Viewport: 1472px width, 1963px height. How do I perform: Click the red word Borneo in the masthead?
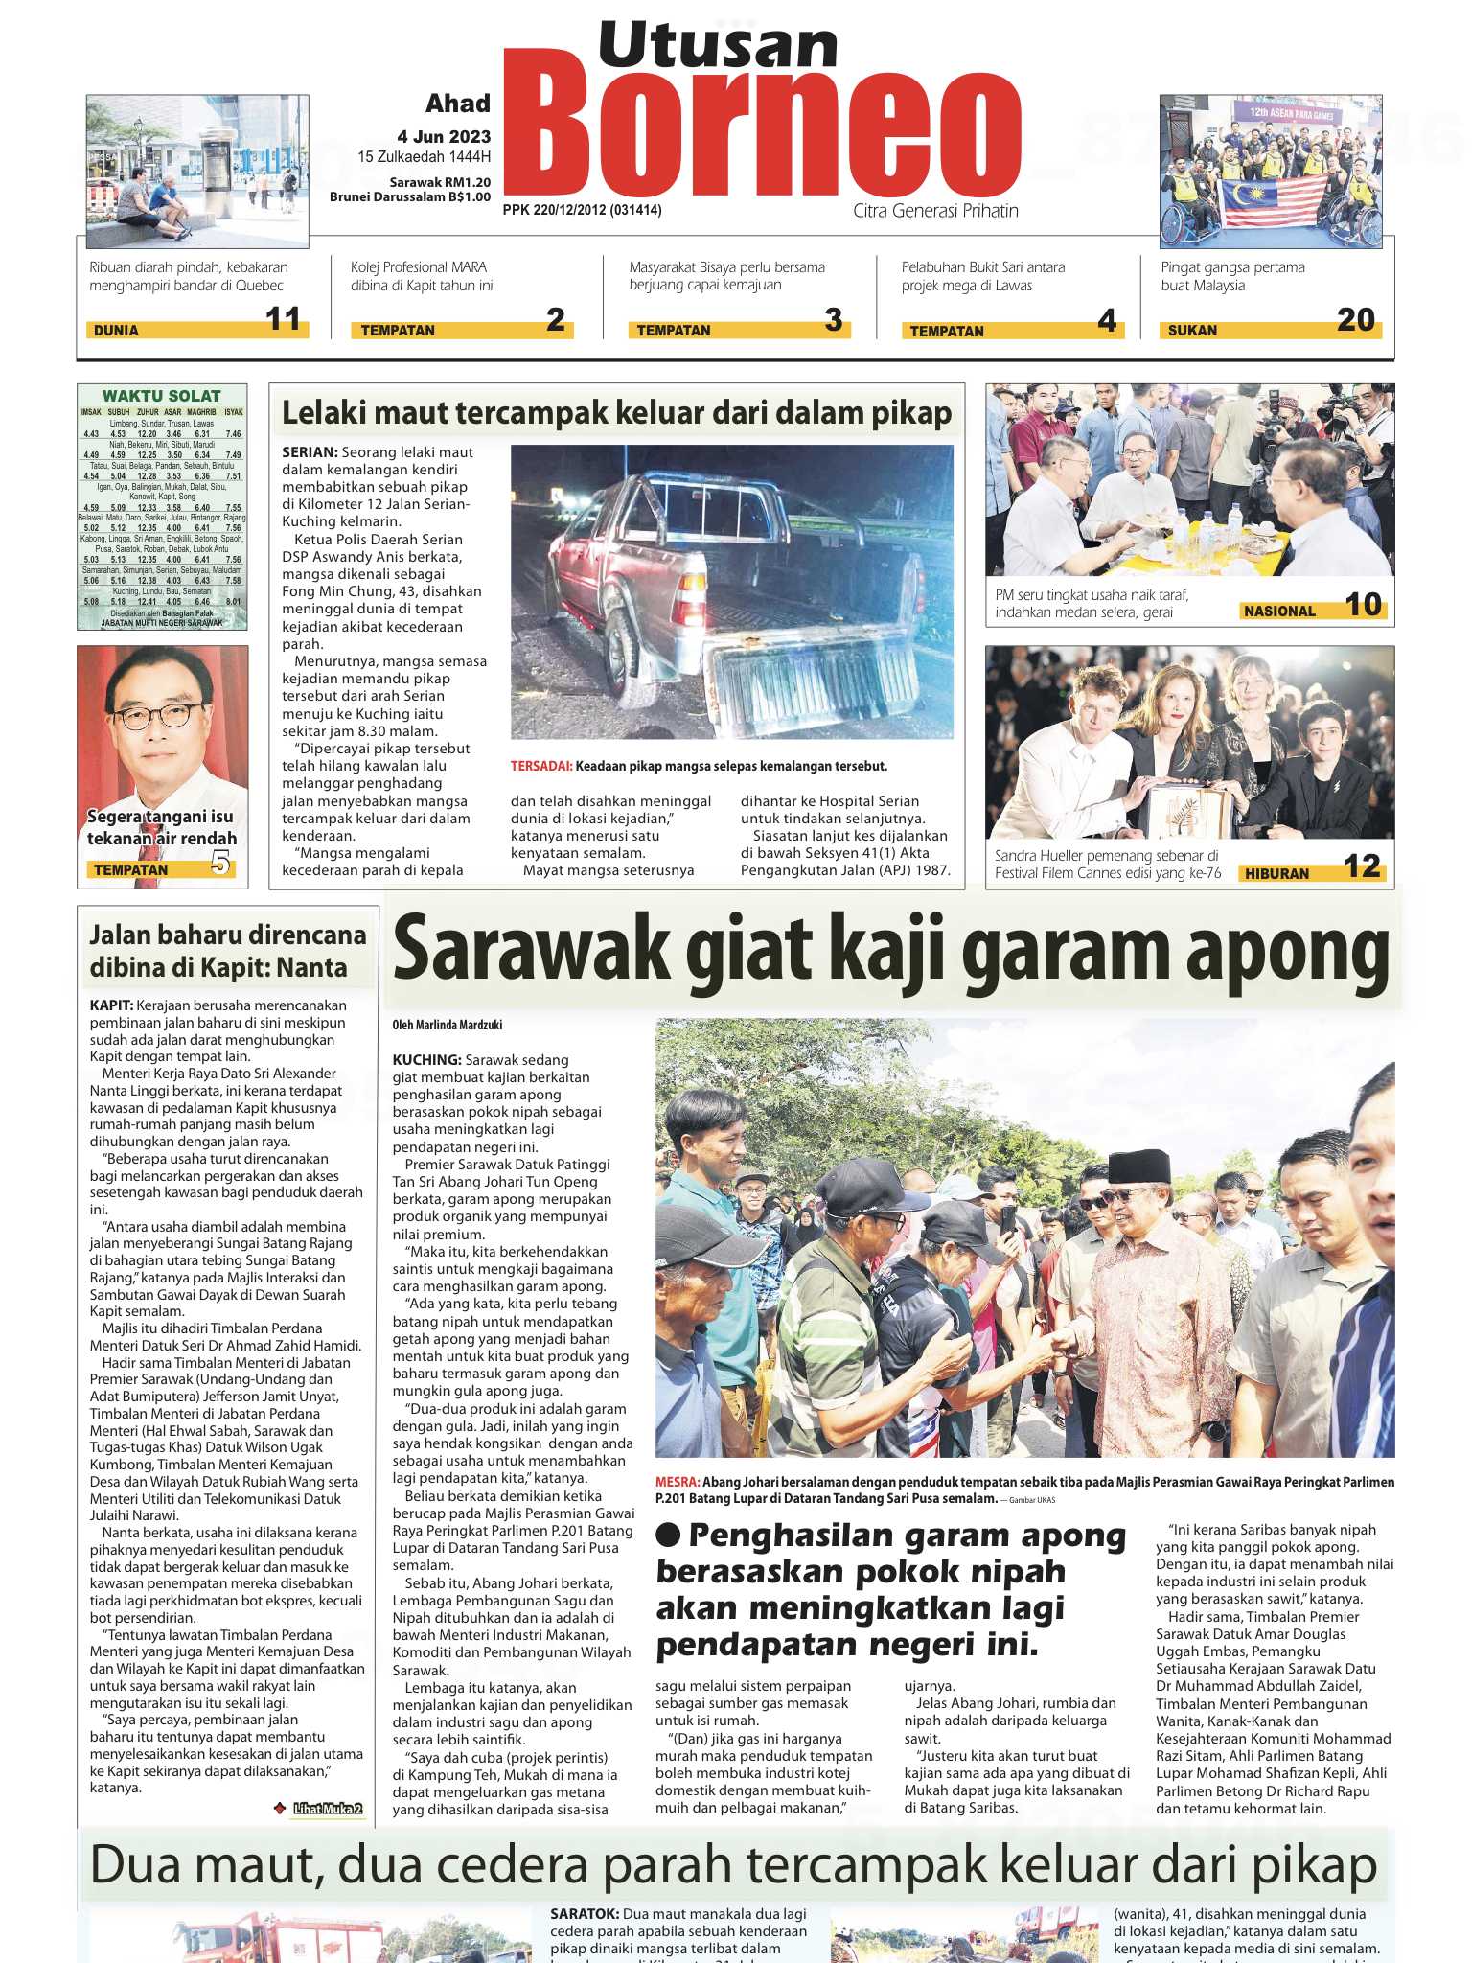coord(762,134)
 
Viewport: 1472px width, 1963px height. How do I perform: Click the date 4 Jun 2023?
coord(444,136)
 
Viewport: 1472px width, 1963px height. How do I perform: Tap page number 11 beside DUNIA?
coord(284,319)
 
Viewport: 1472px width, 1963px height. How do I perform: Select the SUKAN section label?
coord(1192,331)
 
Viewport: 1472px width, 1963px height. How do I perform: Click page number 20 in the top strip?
coord(1355,320)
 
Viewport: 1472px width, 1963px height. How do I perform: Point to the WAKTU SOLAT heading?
coord(161,396)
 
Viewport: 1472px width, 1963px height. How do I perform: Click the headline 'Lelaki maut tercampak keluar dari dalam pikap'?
coord(616,413)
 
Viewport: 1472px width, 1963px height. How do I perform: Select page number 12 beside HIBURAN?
coord(1361,866)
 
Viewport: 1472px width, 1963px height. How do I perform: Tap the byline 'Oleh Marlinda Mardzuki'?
coord(447,1025)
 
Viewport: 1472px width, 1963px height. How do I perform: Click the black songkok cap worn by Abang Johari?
coord(1139,1168)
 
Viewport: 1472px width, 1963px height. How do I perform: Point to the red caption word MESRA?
coord(678,1482)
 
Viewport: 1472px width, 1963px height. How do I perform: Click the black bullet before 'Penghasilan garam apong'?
coord(668,1535)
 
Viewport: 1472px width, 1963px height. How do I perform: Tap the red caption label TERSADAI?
coord(540,766)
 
